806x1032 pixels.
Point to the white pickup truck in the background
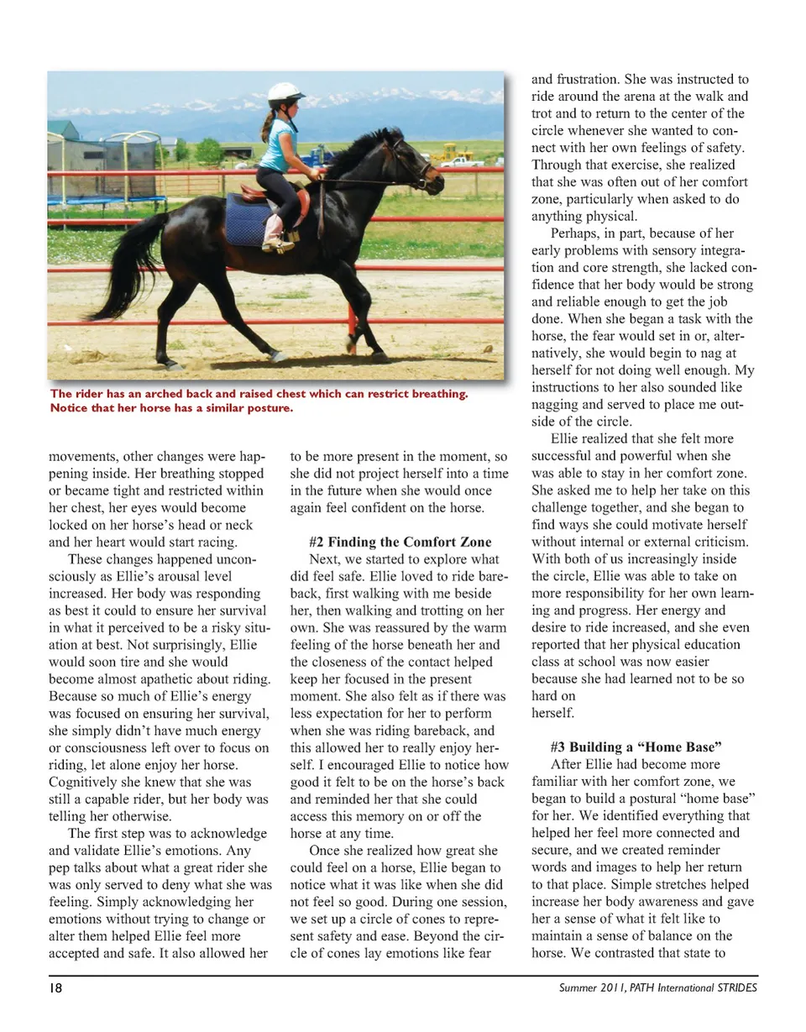[461, 160]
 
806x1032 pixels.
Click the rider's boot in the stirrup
[278, 243]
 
